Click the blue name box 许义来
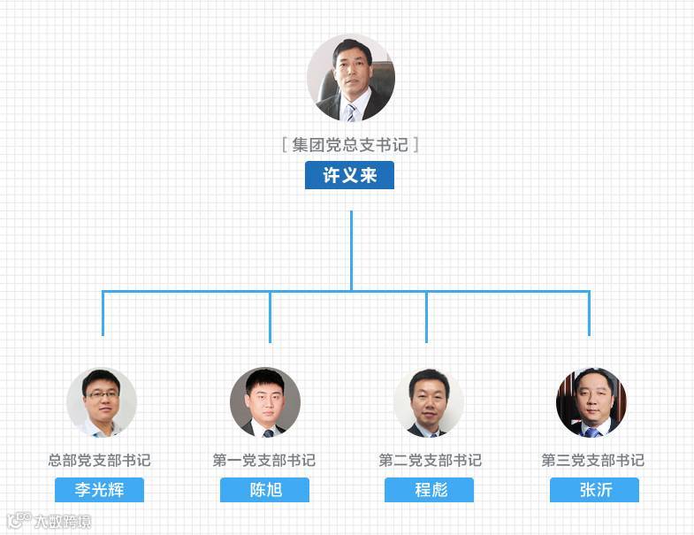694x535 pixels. pos(349,175)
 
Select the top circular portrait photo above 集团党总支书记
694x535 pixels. pos(351,78)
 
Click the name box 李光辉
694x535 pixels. pos(99,490)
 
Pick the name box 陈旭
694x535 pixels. pos(264,490)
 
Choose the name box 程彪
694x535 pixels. pos(429,490)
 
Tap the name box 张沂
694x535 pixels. pos(594,490)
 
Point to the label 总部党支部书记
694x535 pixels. pos(99,460)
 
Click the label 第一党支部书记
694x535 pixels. pos(264,460)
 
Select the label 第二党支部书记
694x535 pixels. pos(430,460)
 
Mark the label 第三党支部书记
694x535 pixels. pos(593,460)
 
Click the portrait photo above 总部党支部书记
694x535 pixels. pos(102,402)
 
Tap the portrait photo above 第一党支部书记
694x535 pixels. pos(265,402)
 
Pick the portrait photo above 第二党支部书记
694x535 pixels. pos(429,402)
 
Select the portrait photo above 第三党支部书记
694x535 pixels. pos(591,402)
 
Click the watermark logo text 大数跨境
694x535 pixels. pos(62,521)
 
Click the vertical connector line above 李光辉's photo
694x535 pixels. pos(103,313)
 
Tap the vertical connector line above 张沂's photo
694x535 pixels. pos(589,313)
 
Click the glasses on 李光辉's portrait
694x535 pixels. pos(101,394)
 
